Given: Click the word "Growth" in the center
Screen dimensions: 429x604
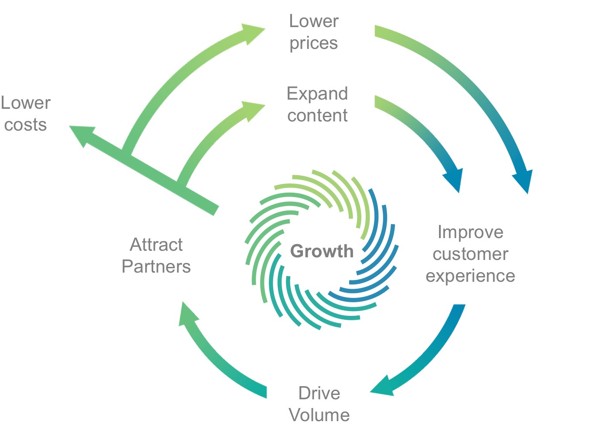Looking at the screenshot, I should tap(322, 251).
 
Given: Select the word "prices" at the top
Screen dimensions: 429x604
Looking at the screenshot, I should tap(313, 43).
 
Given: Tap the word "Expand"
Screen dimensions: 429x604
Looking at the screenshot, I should tap(317, 93).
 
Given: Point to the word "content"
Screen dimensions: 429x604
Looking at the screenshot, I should tap(317, 115).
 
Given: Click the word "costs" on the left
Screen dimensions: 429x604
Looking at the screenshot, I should tap(25, 125).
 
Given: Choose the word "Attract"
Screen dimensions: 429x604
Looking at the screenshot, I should tap(156, 245).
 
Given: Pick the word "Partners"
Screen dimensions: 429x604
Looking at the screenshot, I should tap(156, 266).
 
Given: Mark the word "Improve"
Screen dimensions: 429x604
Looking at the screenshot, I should tap(470, 232).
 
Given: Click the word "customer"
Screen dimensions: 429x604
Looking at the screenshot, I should tap(470, 254).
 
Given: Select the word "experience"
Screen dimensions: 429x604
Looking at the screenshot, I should tap(470, 276).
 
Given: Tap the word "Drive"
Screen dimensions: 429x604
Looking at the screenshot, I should tap(319, 393).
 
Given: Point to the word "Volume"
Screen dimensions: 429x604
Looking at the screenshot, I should tap(319, 415).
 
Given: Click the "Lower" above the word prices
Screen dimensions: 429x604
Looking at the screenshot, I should tap(313, 21).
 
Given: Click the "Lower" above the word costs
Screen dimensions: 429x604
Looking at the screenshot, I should tap(25, 103).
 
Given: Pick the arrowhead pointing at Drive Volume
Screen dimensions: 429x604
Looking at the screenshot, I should tap(384, 387).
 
